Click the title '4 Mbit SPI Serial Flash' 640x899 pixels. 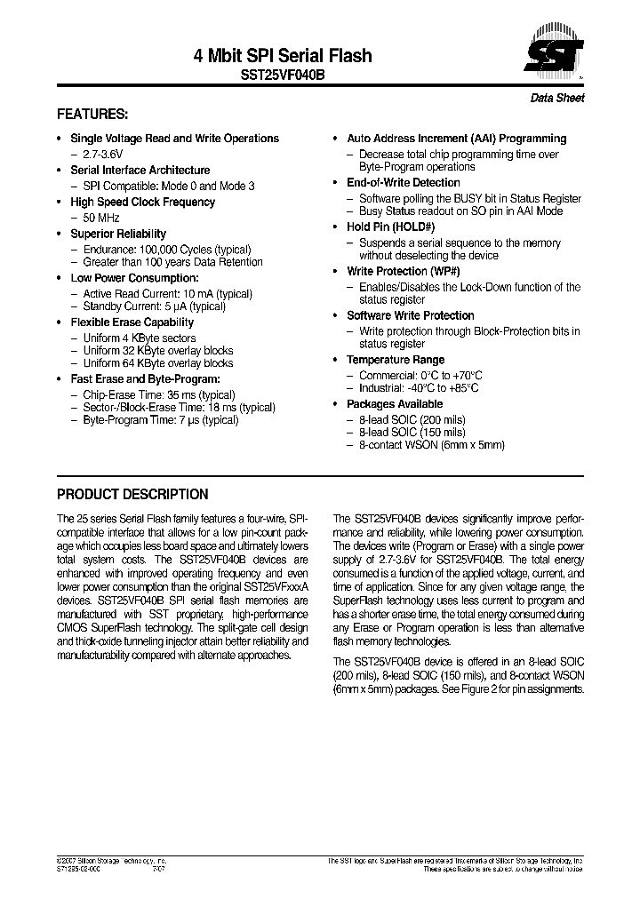pyautogui.click(x=283, y=56)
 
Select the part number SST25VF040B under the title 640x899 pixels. pyautogui.click(x=283, y=76)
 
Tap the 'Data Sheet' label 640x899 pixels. pyautogui.click(x=557, y=99)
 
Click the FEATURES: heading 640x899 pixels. pyautogui.click(x=92, y=115)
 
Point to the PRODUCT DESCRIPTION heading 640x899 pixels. pyautogui.click(x=132, y=495)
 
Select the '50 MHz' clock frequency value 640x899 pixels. pyautogui.click(x=101, y=218)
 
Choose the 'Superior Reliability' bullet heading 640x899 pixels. pyautogui.click(x=118, y=234)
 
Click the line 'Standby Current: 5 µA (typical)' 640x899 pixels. pyautogui.click(x=154, y=306)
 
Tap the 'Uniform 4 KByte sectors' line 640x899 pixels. pyautogui.click(x=139, y=338)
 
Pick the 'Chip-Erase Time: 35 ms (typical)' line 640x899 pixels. pyautogui.click(x=158, y=395)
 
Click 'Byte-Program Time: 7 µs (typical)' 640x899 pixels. pyautogui.click(x=160, y=420)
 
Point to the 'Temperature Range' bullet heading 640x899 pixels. pyautogui.click(x=396, y=360)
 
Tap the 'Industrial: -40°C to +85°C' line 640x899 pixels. pyautogui.click(x=419, y=388)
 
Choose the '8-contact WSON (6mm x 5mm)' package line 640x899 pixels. pyautogui.click(x=431, y=445)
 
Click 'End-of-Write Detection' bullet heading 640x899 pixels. pyautogui.click(x=404, y=183)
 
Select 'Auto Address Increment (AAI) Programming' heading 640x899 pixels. pyautogui.click(x=456, y=139)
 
